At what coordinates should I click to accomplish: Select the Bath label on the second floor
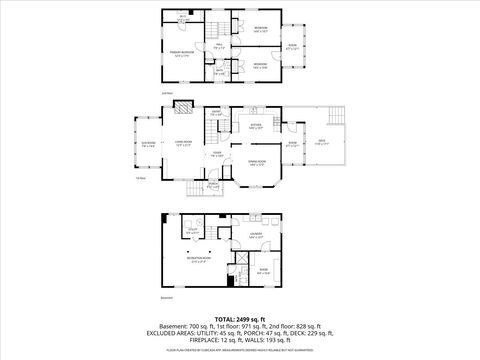232,72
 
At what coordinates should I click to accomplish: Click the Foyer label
217,155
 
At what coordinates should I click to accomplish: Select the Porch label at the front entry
212,184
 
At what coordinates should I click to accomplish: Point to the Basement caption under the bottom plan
167,297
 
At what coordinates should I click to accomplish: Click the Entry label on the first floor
216,113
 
